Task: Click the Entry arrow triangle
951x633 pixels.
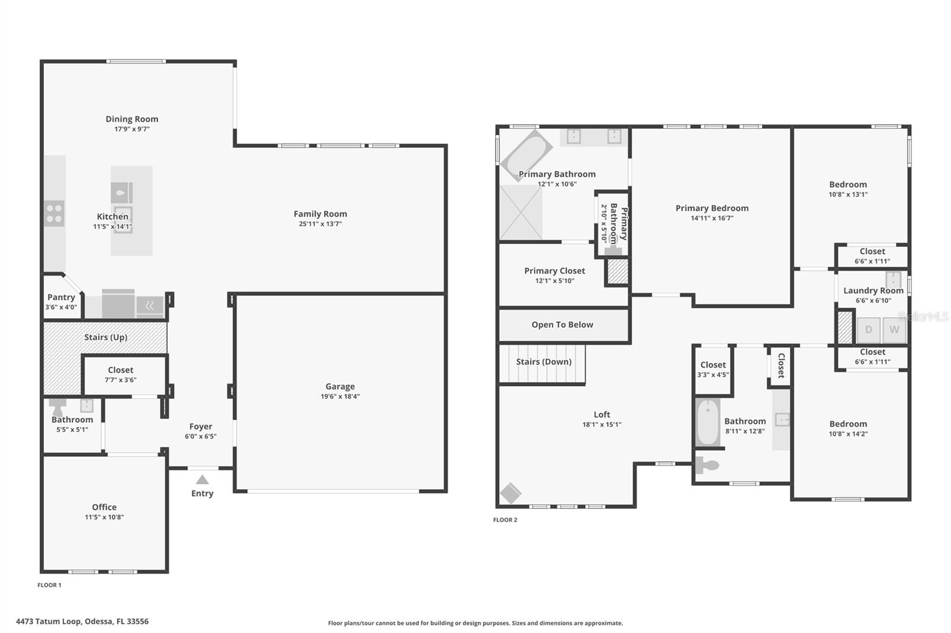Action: pos(202,480)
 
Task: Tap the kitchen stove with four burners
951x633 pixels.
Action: pos(54,214)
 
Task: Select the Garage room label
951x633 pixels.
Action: pos(340,386)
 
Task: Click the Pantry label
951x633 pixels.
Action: pos(61,297)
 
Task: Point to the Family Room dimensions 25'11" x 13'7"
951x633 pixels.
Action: pos(320,224)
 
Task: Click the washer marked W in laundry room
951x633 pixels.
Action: pos(894,330)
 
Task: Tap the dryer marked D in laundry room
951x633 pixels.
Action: pos(868,330)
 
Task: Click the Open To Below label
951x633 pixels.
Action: pos(562,325)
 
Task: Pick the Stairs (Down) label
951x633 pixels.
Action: pos(543,362)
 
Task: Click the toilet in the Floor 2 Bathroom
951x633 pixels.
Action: pos(707,464)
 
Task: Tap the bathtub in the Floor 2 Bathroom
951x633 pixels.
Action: pos(708,422)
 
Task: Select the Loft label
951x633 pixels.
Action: pos(602,414)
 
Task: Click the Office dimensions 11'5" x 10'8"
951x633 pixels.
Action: pos(104,517)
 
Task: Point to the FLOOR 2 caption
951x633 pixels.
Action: pos(505,520)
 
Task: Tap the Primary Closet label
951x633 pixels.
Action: pos(555,271)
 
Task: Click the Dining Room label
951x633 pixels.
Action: pos(132,119)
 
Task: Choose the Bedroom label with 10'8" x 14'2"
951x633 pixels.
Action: pos(848,424)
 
